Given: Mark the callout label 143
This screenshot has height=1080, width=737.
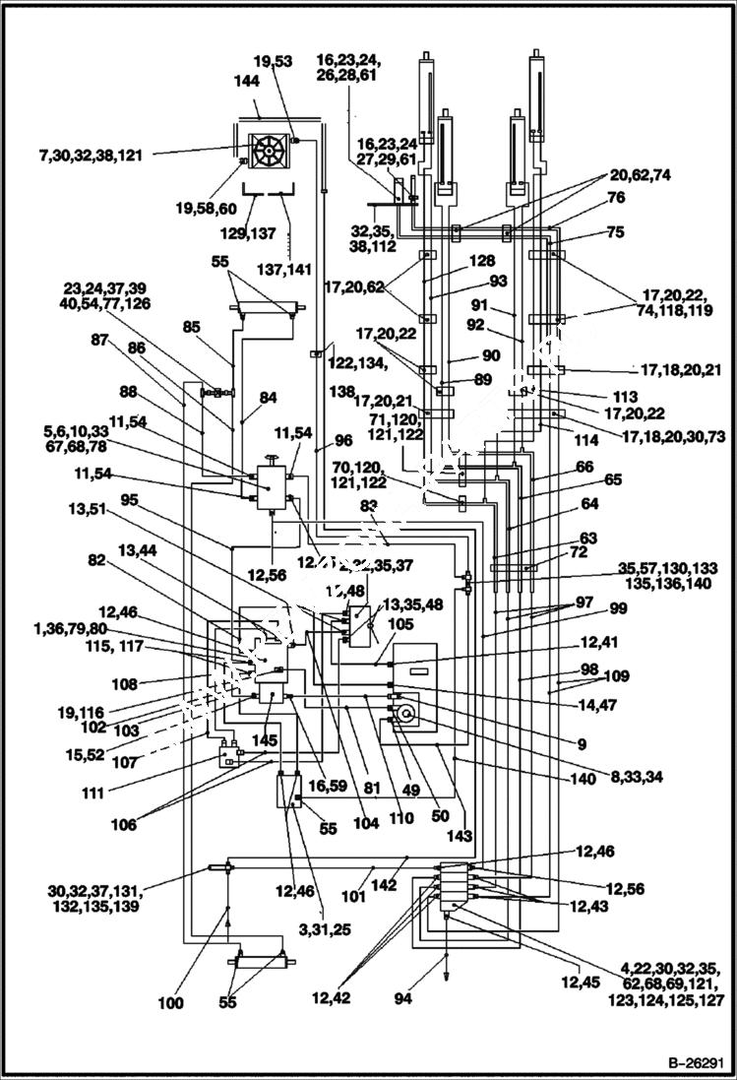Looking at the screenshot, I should [x=461, y=836].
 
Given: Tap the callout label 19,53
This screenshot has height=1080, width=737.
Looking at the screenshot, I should [x=272, y=61].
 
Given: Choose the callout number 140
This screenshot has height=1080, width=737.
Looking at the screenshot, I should [x=583, y=779].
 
